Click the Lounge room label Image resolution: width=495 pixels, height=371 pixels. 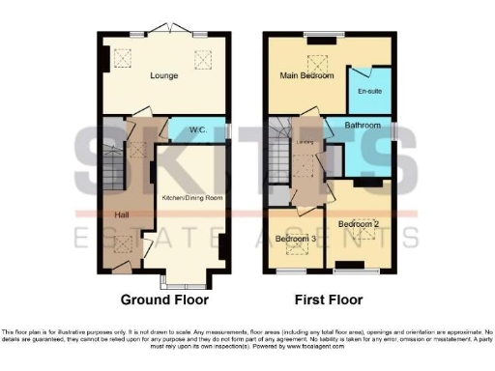point(162,73)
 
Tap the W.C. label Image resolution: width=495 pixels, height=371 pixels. point(198,129)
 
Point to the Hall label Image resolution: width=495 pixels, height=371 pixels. point(123,214)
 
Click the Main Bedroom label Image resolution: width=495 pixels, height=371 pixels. point(302,74)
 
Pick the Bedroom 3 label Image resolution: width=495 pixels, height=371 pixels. point(295,239)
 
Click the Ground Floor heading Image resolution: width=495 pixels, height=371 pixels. point(161,300)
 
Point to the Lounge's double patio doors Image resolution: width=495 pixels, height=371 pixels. point(164,30)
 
